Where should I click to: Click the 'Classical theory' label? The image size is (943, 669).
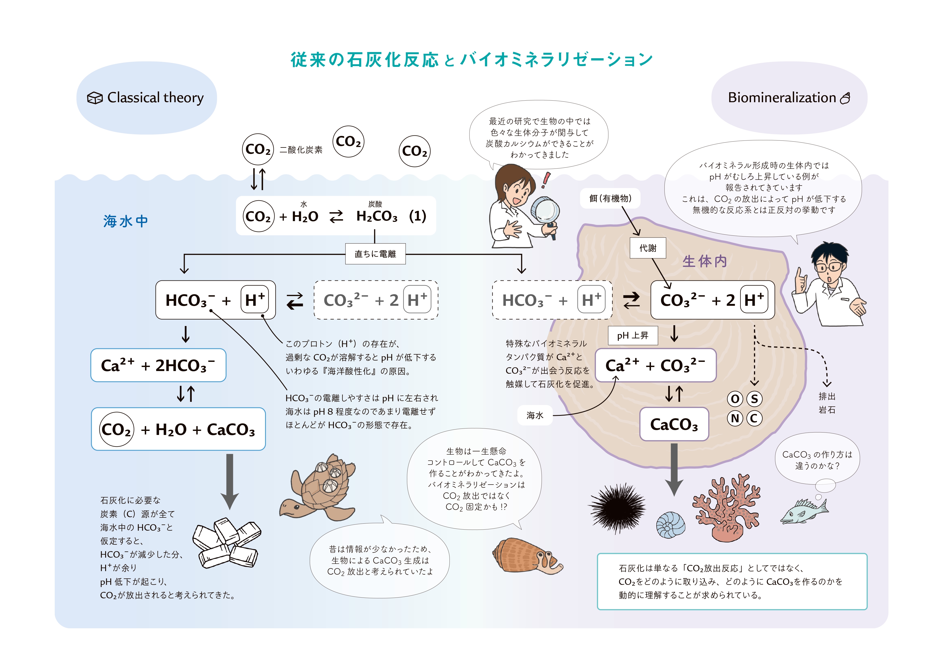pyautogui.click(x=155, y=98)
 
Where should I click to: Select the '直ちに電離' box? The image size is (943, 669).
pyautogui.click(x=375, y=254)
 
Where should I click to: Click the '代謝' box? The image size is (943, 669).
pyautogui.click(x=648, y=248)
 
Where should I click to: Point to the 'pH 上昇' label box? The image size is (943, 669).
pyautogui.click(x=632, y=336)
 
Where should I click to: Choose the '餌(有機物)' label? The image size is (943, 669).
pyautogui.click(x=610, y=198)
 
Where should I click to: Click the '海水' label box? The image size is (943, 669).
pyautogui.click(x=535, y=415)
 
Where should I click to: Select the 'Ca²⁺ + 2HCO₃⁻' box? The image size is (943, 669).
pyautogui.click(x=158, y=365)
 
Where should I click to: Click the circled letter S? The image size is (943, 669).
pyautogui.click(x=754, y=399)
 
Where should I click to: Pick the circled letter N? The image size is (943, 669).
pyautogui.click(x=735, y=418)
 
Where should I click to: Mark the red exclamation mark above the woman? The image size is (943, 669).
pyautogui.click(x=546, y=180)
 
